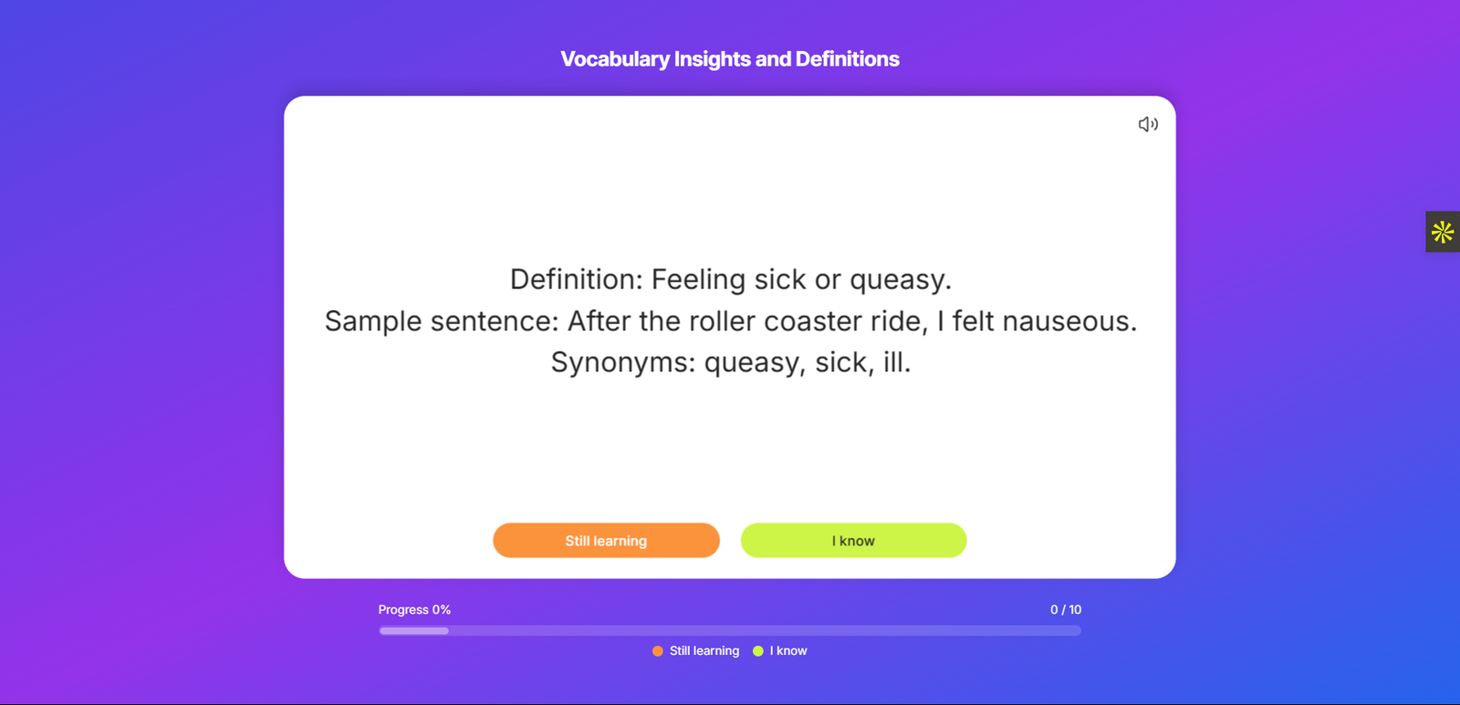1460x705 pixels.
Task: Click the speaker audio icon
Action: [x=1148, y=124]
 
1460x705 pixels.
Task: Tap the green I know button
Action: [x=853, y=540]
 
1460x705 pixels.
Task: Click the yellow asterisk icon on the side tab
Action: [x=1443, y=232]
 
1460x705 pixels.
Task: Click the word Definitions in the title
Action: [x=848, y=58]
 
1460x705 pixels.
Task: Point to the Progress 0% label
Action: [x=414, y=610]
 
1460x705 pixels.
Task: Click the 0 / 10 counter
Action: [x=1066, y=610]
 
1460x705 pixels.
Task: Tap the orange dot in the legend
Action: [x=658, y=651]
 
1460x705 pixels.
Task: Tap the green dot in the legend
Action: [x=758, y=651]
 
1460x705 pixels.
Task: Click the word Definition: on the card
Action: [x=576, y=279]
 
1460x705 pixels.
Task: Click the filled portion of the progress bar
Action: [x=414, y=631]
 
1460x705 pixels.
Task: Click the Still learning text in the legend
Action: [x=704, y=651]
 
